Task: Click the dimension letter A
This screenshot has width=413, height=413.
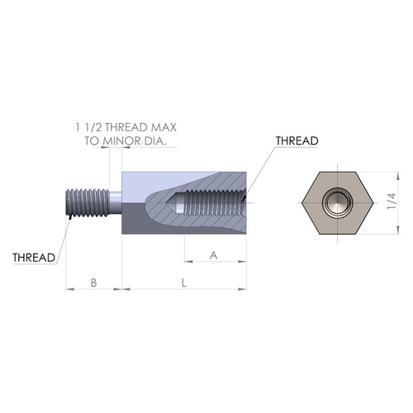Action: click(214, 256)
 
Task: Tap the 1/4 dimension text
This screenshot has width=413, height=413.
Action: click(392, 202)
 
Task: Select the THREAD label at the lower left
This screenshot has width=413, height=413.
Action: click(34, 257)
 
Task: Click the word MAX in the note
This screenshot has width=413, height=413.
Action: click(162, 127)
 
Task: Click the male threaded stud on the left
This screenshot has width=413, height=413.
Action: click(87, 202)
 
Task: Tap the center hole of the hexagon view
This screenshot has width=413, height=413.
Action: click(335, 202)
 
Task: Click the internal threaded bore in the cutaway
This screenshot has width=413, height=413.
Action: click(211, 203)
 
